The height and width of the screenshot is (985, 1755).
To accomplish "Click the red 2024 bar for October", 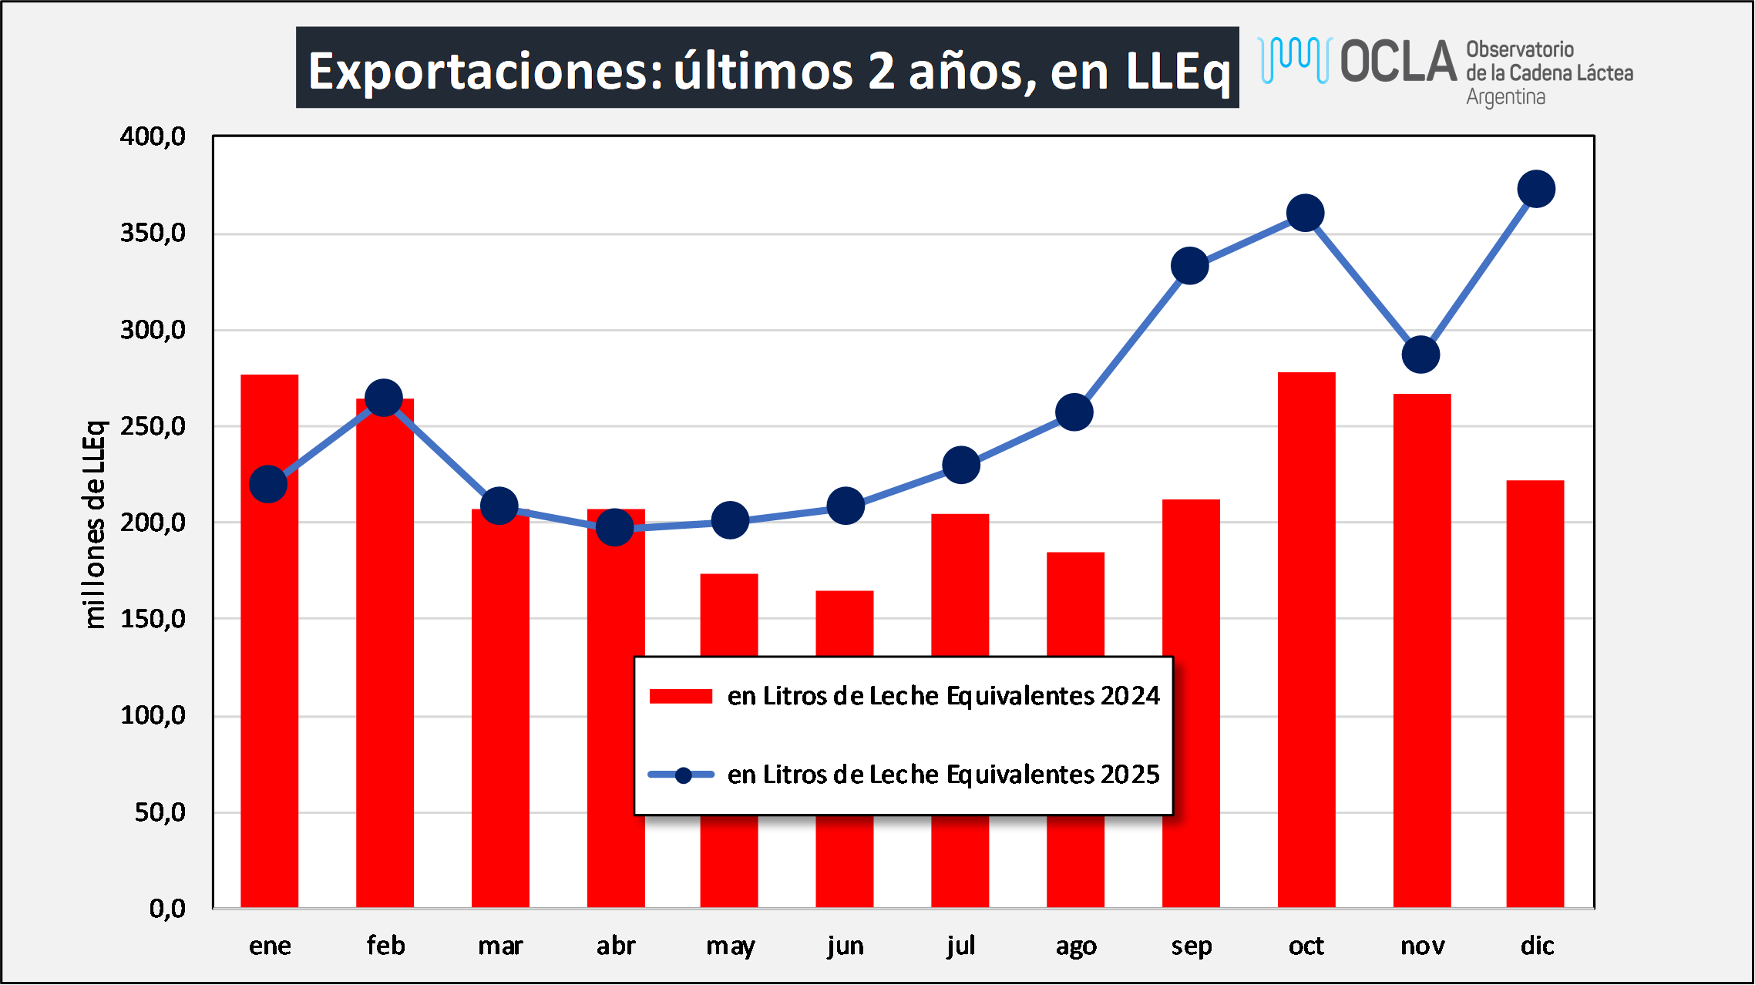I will (1306, 640).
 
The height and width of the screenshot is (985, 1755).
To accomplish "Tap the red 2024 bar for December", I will (1535, 694).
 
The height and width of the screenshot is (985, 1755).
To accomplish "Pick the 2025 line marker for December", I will (1536, 190).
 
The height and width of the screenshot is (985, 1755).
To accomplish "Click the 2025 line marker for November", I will (1420, 355).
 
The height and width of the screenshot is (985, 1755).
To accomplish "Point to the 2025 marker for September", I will (1189, 266).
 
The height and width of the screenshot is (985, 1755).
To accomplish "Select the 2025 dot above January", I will (268, 484).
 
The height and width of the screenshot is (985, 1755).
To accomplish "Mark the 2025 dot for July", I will (961, 466).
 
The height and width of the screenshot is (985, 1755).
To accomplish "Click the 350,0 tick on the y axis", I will (153, 233).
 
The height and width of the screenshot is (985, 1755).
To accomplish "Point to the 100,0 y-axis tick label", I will (153, 715).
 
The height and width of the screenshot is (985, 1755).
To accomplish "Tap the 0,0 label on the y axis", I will (167, 909).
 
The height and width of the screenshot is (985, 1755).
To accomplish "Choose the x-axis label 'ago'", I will (1076, 946).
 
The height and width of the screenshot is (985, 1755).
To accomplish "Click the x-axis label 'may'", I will (730, 946).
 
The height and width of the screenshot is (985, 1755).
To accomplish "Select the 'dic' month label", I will (1537, 946).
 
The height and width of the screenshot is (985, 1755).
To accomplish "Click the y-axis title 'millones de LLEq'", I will (94, 524).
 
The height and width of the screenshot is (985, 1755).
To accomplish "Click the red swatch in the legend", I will (681, 696).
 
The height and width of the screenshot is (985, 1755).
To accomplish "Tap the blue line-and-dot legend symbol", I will (682, 775).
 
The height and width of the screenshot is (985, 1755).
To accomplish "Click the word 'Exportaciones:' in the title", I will (486, 71).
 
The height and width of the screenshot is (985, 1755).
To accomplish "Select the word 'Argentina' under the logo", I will (1505, 98).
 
